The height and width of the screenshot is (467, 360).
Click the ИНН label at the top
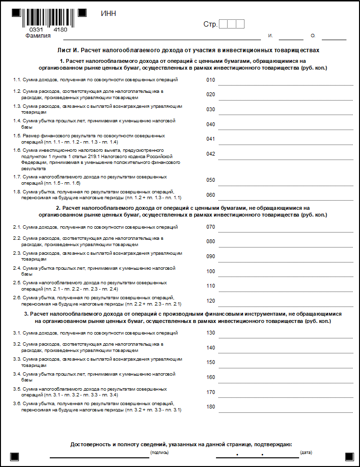pyautogui.click(x=108, y=14)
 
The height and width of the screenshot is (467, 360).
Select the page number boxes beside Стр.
pyautogui.click(x=231, y=24)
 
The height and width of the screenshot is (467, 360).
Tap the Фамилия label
pyautogui.click(x=38, y=36)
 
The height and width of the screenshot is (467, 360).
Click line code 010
pyautogui.click(x=210, y=80)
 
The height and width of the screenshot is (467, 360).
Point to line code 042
pyautogui.click(x=210, y=154)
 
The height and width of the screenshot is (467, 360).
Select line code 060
pyautogui.click(x=210, y=195)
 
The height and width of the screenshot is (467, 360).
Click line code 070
pyautogui.click(x=210, y=227)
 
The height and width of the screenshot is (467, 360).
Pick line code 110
pyautogui.click(x=210, y=286)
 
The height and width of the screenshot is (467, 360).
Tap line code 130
pyautogui.click(x=210, y=333)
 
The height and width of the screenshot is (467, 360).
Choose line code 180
pyautogui.click(x=210, y=407)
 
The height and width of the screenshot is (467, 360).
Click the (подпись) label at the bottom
pyautogui.click(x=159, y=452)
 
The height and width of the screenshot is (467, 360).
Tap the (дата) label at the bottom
pyautogui.click(x=306, y=452)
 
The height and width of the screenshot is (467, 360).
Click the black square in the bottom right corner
pyautogui.click(x=349, y=456)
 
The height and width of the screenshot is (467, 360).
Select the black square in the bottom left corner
pyautogui.click(x=14, y=456)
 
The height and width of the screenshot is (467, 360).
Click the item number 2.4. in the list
pyautogui.click(x=17, y=268)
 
